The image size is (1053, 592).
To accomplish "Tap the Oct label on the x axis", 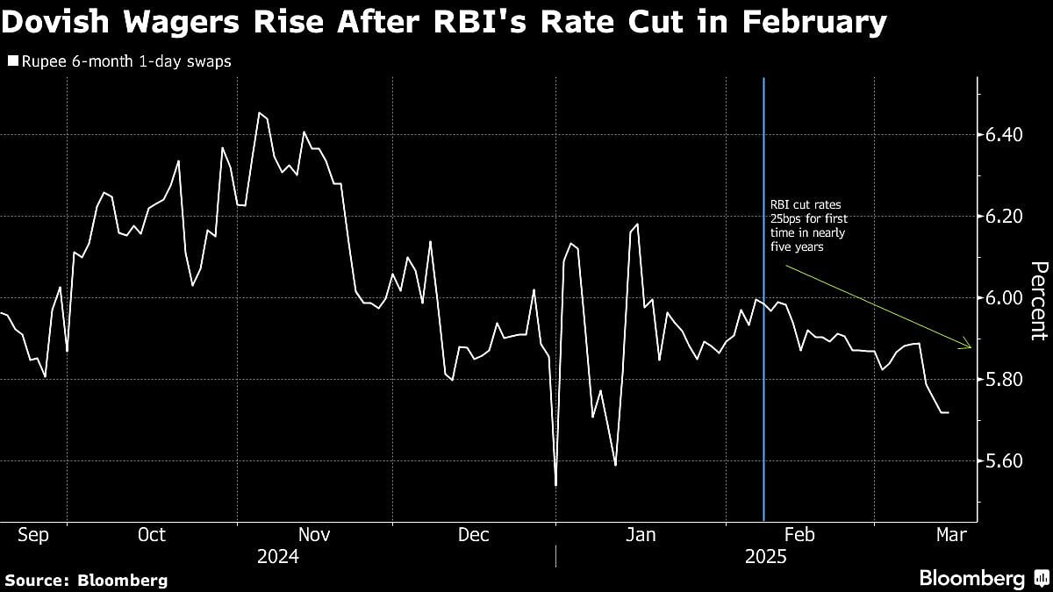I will coord(153,534).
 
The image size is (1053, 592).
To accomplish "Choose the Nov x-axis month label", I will coord(315,534).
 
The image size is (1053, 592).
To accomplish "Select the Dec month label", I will coord(474,534).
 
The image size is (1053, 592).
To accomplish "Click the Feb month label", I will coord(800,534).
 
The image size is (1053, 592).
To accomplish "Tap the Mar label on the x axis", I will coord(951,534).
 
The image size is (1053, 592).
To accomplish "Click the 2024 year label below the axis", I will coord(277,557).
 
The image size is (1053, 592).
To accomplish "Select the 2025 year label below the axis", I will coord(766,557).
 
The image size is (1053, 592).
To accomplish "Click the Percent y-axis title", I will coord(1038,301).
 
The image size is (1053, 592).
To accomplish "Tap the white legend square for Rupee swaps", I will coord(11,61).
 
